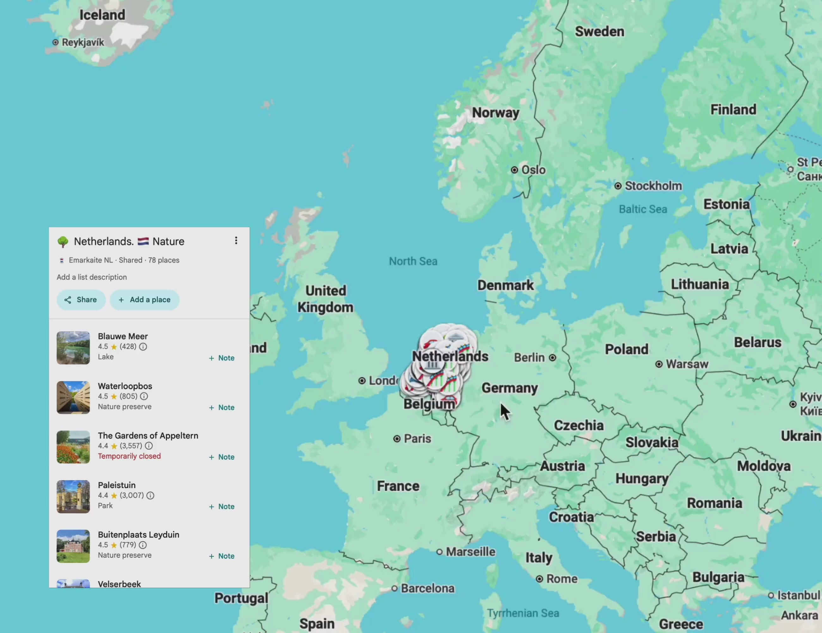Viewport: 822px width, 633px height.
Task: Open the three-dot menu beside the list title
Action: pos(236,241)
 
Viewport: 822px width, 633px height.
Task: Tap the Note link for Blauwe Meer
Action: pos(222,358)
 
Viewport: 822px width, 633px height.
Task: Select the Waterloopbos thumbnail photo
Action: pos(73,397)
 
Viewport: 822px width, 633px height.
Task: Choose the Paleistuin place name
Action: pos(117,485)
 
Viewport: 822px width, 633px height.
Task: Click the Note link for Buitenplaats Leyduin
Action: pos(222,556)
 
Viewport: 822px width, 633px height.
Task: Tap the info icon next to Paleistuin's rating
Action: pos(150,495)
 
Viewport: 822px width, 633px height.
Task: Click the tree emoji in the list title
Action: pos(63,241)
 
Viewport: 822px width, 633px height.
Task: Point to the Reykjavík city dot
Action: pos(55,42)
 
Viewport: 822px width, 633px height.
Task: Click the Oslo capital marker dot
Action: pos(514,170)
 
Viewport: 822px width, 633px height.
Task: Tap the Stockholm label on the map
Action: pos(653,186)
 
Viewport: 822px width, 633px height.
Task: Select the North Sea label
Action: pos(413,261)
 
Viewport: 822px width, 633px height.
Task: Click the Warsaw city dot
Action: pos(659,364)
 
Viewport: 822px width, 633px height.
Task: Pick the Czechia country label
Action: pos(579,425)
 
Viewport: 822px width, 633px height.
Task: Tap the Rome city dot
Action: pos(539,579)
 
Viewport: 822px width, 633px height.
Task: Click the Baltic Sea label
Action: pos(643,209)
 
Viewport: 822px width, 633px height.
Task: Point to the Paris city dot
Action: pos(397,439)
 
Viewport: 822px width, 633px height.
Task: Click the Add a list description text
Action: pos(92,277)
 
